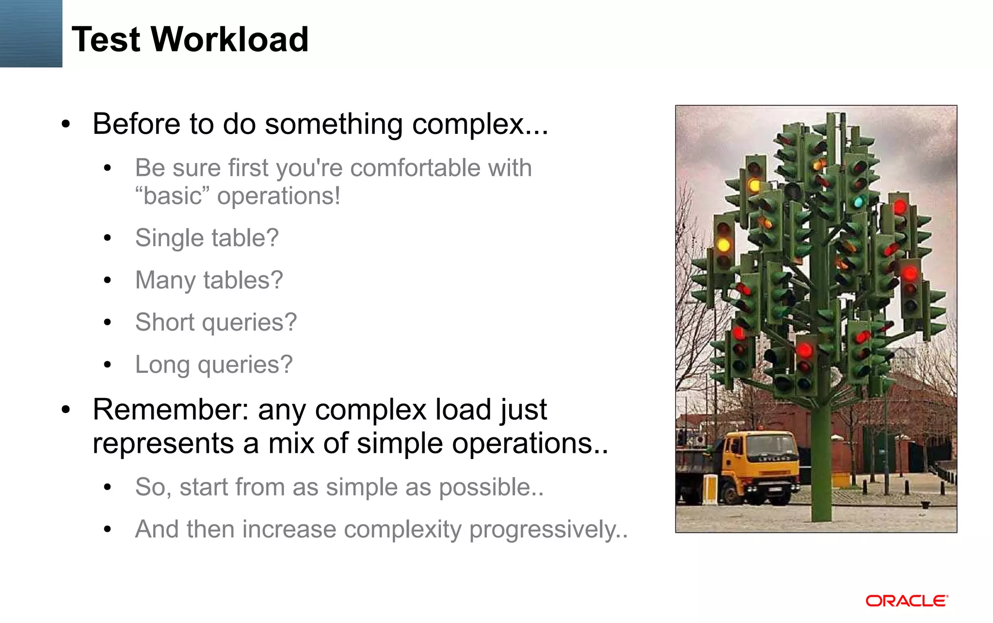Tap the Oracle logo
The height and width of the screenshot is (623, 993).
(x=907, y=601)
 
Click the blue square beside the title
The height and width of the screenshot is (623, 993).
(x=31, y=33)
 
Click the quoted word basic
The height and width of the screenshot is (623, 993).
(x=173, y=196)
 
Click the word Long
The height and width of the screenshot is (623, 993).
(x=162, y=365)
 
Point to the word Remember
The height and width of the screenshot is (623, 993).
(x=170, y=410)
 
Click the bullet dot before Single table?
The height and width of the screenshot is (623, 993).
(x=108, y=238)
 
